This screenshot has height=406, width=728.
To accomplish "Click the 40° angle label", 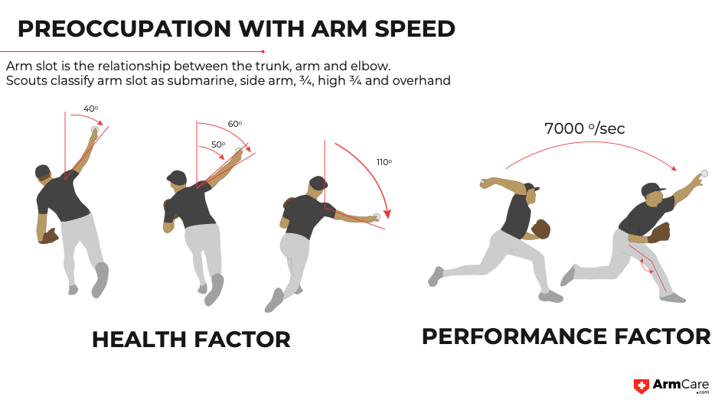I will [x=90, y=109].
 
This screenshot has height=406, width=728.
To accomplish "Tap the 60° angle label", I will [x=234, y=124].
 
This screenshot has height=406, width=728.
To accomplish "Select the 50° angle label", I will [x=218, y=145].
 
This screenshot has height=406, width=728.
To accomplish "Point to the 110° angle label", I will [x=384, y=162].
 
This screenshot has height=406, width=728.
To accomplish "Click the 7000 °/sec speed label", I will [x=584, y=128].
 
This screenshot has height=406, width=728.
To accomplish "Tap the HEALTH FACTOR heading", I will [x=191, y=339].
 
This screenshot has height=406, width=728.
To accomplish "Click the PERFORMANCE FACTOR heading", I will [x=566, y=336].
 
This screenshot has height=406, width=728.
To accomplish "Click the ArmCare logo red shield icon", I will [x=641, y=387].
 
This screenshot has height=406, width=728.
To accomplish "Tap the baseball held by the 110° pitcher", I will [x=376, y=218].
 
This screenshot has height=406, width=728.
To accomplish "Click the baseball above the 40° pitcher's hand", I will [x=95, y=131].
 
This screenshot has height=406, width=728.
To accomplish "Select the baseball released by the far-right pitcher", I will [x=704, y=174].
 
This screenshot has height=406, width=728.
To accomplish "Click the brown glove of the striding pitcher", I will [x=541, y=229].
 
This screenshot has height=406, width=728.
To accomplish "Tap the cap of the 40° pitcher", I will [x=42, y=171].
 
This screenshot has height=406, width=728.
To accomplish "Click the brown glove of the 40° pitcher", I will [x=50, y=236].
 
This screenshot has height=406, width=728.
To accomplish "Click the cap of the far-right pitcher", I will [x=651, y=188].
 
